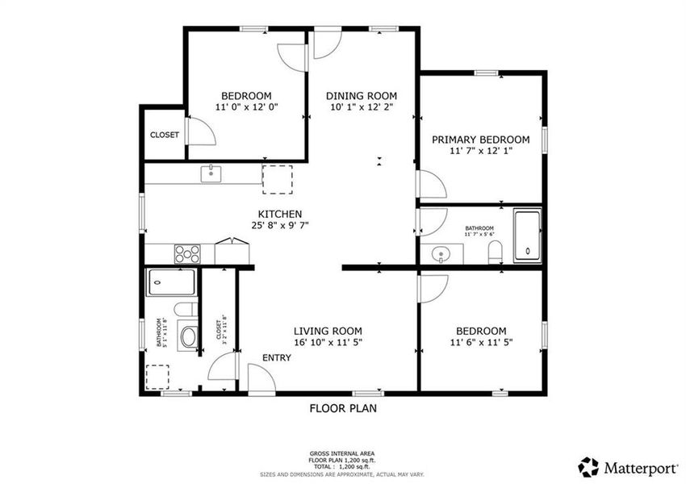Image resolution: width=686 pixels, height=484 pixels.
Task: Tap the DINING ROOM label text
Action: click(x=363, y=96)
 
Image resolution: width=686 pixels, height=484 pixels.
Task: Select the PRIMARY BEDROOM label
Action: click(x=480, y=139)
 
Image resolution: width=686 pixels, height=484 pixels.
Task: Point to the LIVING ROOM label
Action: click(x=327, y=331)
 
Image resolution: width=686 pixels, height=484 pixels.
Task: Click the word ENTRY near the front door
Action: click(x=275, y=358)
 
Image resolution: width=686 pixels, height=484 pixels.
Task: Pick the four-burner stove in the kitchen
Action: click(x=187, y=253)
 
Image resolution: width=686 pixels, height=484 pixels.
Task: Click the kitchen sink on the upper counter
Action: click(x=211, y=173)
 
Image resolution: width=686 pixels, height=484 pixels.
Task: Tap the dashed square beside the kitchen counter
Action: click(x=277, y=178)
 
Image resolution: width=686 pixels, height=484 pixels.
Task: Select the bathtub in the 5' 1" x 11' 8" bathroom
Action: click(x=171, y=283)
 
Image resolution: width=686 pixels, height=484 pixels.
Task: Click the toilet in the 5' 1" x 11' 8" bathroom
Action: click(x=182, y=311)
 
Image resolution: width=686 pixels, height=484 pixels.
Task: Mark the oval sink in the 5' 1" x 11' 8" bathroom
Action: click(x=188, y=336)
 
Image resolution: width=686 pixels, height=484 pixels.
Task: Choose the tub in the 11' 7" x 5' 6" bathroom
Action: click(x=528, y=236)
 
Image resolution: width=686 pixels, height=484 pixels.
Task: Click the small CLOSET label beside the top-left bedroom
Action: click(x=165, y=135)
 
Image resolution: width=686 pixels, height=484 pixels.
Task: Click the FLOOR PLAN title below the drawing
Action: click(x=343, y=408)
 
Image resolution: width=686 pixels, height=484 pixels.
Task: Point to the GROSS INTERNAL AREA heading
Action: click(x=342, y=454)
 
